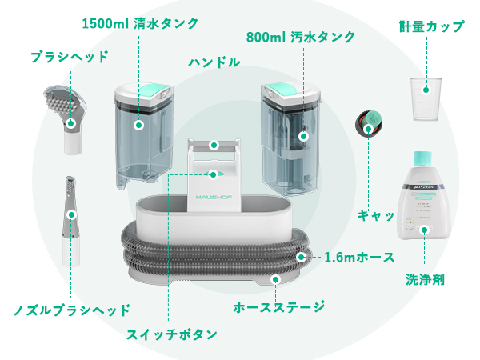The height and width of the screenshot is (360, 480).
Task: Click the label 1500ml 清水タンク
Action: (x=140, y=22)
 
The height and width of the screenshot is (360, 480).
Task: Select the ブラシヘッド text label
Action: (x=69, y=57)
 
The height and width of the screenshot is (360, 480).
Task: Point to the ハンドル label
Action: (x=214, y=62)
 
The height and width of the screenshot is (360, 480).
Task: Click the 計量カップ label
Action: (x=431, y=26)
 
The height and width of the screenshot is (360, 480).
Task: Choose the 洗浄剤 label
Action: (x=425, y=280)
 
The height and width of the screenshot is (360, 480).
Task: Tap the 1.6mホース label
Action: (x=359, y=258)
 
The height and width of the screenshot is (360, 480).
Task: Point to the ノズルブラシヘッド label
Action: (x=71, y=310)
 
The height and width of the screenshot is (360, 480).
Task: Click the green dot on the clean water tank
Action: (x=138, y=126)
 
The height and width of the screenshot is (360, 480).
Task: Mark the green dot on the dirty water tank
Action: (x=302, y=136)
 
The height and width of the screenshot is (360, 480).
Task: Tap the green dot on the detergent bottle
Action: (x=425, y=230)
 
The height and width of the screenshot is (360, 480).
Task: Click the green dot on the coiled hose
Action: (x=302, y=258)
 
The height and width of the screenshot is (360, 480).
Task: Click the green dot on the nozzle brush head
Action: (x=71, y=214)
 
